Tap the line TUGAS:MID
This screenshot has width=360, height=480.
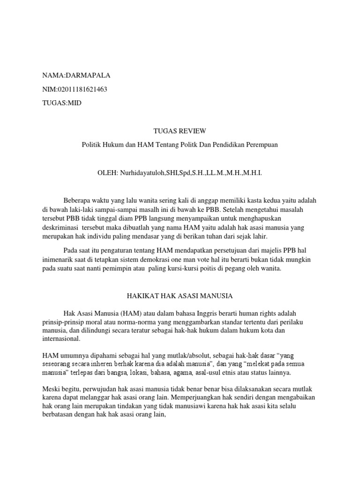point(61,104)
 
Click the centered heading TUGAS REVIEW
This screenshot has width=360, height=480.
point(180,131)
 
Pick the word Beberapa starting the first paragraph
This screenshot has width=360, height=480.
point(78,201)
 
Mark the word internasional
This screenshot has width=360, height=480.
point(61,339)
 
